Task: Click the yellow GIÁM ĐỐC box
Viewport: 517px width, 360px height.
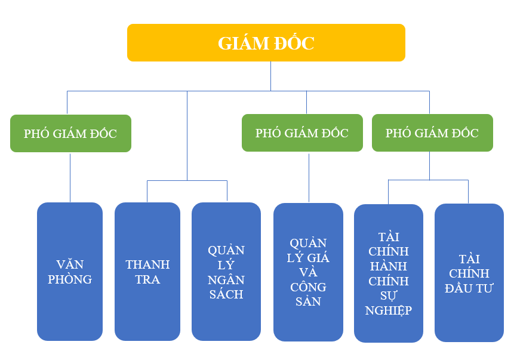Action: [x=266, y=43]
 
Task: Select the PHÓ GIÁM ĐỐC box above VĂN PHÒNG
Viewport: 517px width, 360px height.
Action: [x=70, y=133]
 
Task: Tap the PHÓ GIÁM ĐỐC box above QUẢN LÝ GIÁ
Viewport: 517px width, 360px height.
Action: [x=301, y=133]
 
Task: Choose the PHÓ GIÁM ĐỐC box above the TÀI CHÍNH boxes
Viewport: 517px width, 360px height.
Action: [x=432, y=133]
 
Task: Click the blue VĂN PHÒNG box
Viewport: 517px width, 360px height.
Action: [x=70, y=272]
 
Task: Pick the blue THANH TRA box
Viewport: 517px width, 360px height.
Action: [x=147, y=272]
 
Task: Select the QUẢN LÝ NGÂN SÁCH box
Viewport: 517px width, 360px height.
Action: [x=226, y=272]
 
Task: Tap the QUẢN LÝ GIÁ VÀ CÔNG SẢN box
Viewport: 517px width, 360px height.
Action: [x=308, y=272]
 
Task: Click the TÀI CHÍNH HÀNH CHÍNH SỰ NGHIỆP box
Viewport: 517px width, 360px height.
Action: [x=389, y=273]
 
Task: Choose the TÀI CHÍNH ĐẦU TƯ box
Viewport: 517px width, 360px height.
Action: [x=469, y=273]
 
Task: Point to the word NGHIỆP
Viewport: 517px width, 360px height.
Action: [x=389, y=310]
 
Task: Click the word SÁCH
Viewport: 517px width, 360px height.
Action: [x=226, y=294]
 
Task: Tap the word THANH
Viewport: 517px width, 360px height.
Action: [x=147, y=264]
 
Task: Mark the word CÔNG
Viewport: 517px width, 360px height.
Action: [x=308, y=287]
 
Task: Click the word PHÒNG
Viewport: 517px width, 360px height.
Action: [x=70, y=279]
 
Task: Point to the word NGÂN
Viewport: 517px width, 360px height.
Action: [x=226, y=279]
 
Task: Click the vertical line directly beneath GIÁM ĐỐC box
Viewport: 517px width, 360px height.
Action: [x=270, y=76]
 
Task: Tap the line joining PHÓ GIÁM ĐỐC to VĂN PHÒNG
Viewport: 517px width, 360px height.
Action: [x=70, y=177]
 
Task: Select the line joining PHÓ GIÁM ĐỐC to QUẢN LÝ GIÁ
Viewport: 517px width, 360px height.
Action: [x=309, y=177]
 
